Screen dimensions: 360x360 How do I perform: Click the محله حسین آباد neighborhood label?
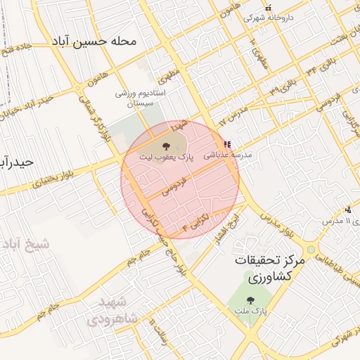point(94,41)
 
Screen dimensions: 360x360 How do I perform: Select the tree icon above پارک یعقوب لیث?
point(166,146)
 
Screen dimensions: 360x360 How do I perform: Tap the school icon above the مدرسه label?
point(226,145)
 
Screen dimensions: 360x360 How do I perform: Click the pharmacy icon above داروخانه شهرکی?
point(268,8)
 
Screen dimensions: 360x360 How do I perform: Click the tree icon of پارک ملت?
point(252,301)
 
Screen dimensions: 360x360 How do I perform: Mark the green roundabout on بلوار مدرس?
point(310,250)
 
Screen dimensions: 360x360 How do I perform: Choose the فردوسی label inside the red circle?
point(174,187)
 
